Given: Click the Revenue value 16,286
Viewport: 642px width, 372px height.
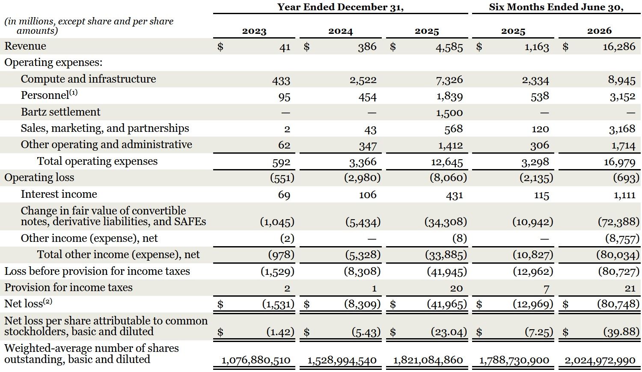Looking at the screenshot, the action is coord(619,47).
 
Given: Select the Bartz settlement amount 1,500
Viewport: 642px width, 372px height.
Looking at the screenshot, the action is coord(449,113).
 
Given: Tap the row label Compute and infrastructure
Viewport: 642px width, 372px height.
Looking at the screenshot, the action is coord(88,79).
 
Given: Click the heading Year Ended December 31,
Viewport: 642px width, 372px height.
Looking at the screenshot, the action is coord(340,7).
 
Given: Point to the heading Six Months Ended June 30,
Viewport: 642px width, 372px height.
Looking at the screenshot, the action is coord(556,7).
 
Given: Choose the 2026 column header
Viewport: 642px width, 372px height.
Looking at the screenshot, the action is coord(599,31).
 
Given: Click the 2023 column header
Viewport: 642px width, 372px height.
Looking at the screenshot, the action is coord(254,31).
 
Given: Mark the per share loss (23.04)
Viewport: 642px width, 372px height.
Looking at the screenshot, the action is coord(449,332).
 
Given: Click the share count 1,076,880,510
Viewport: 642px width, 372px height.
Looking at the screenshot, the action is coord(256,360).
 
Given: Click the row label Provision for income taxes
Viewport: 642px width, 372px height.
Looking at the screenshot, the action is coord(68,288).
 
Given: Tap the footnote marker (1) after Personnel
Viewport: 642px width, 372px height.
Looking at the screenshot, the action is coord(73,93).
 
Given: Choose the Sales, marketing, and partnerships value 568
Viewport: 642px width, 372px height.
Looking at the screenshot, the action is coord(453,129).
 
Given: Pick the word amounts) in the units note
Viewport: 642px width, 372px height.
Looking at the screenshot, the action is coord(37,31).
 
